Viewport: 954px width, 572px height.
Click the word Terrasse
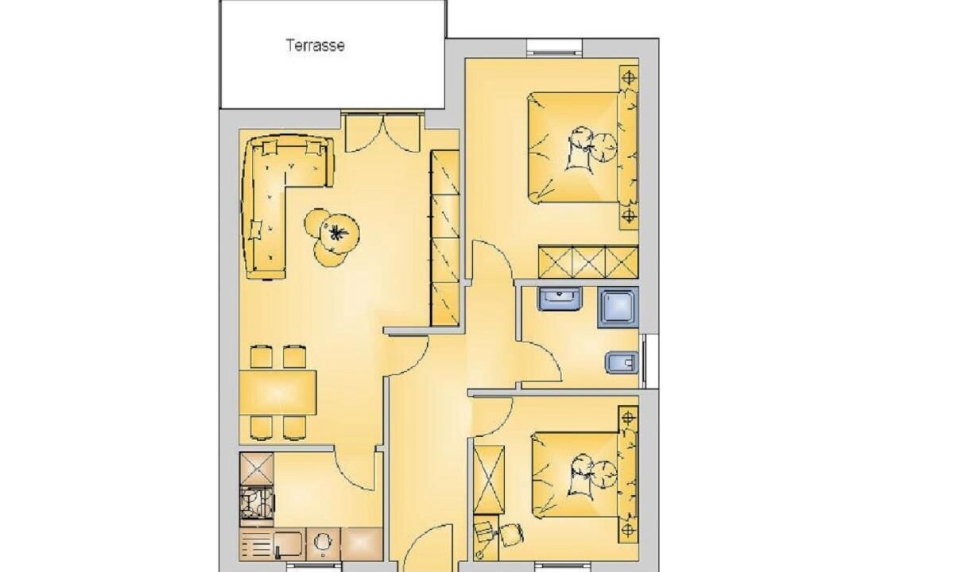pyautogui.click(x=315, y=45)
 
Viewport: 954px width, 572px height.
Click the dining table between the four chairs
pyautogui.click(x=277, y=392)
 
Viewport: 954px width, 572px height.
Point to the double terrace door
pyautogui.click(x=383, y=132)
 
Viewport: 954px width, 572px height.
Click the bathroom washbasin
pyautogui.click(x=559, y=299)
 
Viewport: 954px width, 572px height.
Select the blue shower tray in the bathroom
pyautogui.click(x=618, y=307)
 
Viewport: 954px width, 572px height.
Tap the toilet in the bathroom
pyautogui.click(x=622, y=362)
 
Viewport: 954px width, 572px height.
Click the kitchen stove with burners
pyautogui.click(x=257, y=507)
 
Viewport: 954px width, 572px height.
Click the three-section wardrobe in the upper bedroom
pyautogui.click(x=588, y=261)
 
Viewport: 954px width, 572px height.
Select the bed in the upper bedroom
pyautogui.click(x=583, y=147)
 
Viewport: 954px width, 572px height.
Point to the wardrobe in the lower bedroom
pyautogui.click(x=489, y=479)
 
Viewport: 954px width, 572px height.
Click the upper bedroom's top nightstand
pyautogui.click(x=629, y=78)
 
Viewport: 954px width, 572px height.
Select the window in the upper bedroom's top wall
pyautogui.click(x=555, y=48)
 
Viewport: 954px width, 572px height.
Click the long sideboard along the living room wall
pyautogui.click(x=445, y=238)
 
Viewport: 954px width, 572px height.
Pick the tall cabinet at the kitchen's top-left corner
pyautogui.click(x=257, y=469)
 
